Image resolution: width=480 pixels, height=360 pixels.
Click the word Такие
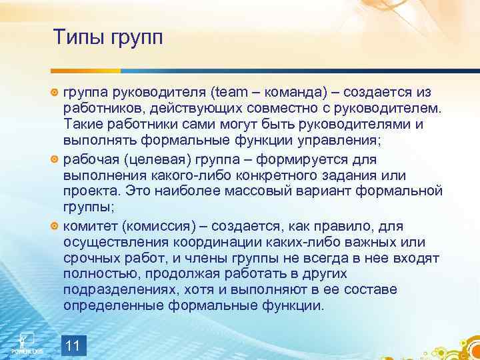(x=83, y=124)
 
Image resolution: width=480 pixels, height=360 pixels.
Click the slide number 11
(x=73, y=345)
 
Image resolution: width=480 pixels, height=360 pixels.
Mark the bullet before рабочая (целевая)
(x=55, y=161)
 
